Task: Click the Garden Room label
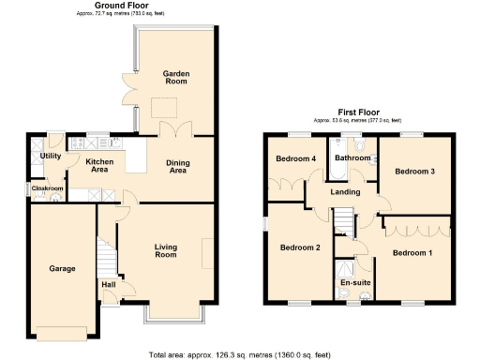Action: tap(177, 78)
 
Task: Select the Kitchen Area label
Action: tap(100, 167)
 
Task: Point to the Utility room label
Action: tap(50, 156)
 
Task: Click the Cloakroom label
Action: tap(47, 188)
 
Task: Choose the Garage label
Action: tap(62, 269)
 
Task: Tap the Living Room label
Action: tap(166, 251)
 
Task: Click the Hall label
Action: tap(108, 284)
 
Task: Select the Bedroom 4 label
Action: tap(295, 158)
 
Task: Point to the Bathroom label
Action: tap(352, 158)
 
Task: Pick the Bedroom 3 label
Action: tap(413, 172)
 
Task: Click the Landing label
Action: tap(346, 193)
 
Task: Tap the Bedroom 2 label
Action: tap(300, 247)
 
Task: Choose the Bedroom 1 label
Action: tap(412, 253)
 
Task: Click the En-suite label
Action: tap(354, 281)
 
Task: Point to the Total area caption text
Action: tap(240, 354)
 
